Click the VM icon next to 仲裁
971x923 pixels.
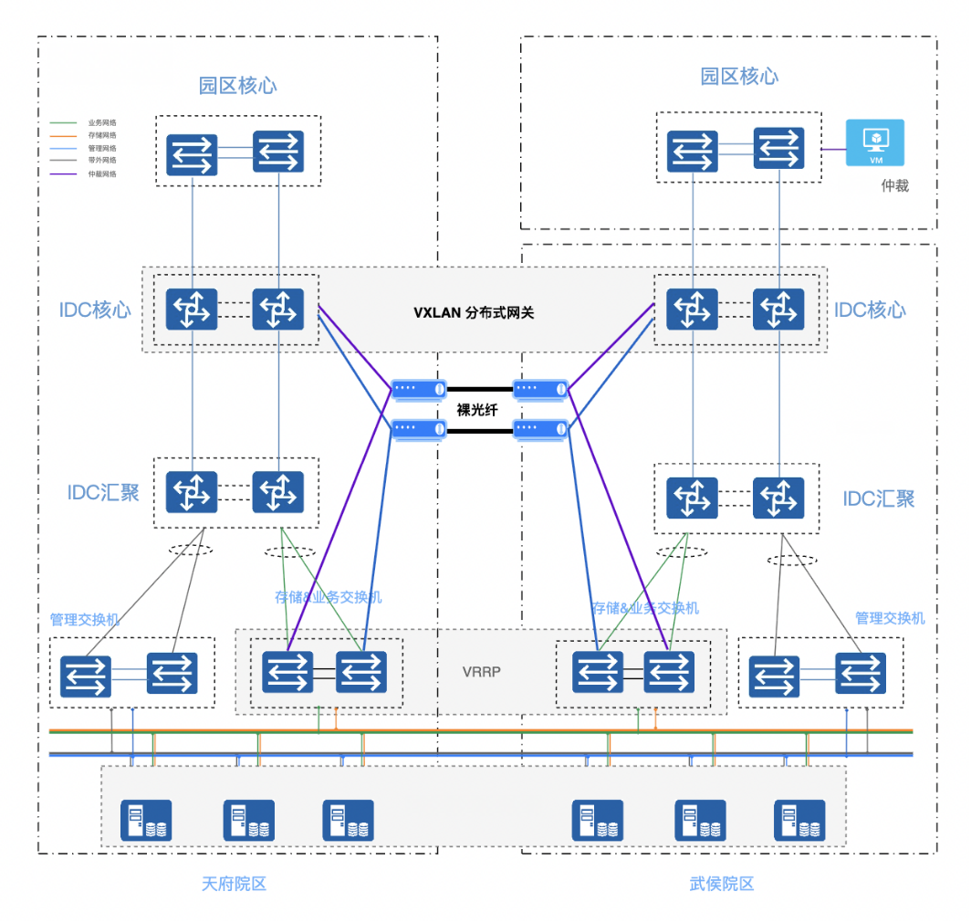pos(875,142)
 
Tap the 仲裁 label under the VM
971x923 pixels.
pos(894,186)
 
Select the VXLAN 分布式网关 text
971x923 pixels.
pos(474,313)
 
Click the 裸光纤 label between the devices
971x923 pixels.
pos(477,410)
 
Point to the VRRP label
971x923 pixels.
pos(482,672)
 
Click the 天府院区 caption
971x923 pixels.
pos(234,884)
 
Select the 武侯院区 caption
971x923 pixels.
pos(722,884)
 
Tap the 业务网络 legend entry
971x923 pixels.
pos(102,122)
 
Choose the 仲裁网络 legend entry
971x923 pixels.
pos(102,173)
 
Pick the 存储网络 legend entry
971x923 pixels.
pos(102,135)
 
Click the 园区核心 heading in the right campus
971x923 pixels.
pos(739,76)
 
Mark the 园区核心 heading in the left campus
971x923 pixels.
pos(238,86)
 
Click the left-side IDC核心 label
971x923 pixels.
pos(95,309)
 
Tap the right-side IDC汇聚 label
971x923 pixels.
pos(878,498)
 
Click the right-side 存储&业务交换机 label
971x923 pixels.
pos(645,608)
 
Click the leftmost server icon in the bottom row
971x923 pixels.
pos(146,820)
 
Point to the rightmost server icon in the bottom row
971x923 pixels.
pos(799,820)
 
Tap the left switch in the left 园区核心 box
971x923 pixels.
pos(192,152)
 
